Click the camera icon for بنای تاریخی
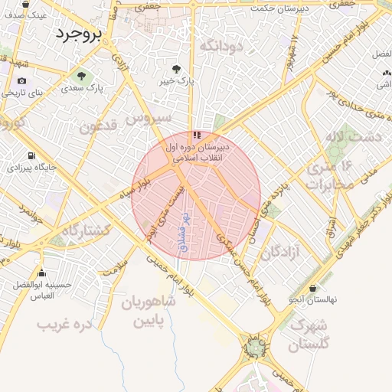(21, 81)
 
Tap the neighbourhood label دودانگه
(220, 47)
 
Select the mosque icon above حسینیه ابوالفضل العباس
(41, 273)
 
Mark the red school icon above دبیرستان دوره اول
(198, 135)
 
